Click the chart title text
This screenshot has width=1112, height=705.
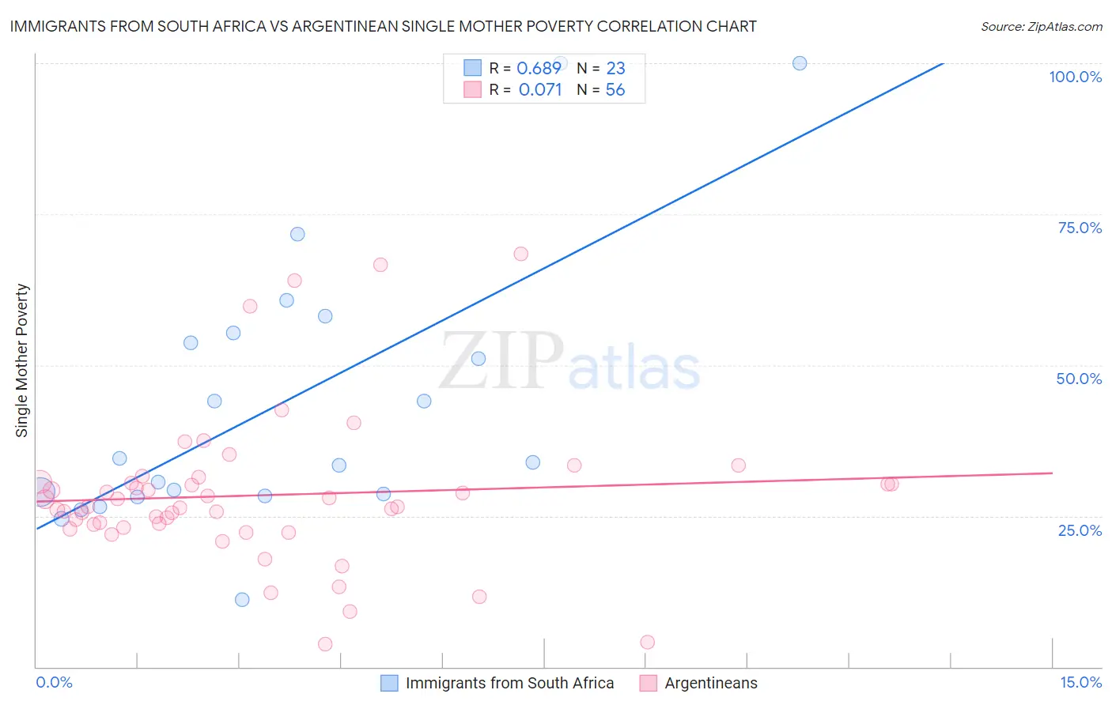point(383,26)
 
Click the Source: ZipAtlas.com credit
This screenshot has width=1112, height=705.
point(1041,26)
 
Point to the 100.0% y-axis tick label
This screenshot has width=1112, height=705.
point(1075,77)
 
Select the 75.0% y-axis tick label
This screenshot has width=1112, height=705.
point(1080,228)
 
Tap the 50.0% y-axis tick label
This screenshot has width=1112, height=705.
point(1079,379)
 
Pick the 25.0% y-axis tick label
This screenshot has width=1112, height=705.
point(1080,530)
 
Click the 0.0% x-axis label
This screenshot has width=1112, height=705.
point(54,682)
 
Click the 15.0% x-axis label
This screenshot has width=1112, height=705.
point(1080,682)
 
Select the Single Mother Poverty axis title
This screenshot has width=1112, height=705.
point(22,360)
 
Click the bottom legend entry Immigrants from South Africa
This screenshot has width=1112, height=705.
point(509,683)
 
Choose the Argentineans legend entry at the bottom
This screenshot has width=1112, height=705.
point(710,683)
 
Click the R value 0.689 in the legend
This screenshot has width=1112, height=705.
point(539,69)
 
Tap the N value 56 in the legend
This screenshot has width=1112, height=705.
point(615,90)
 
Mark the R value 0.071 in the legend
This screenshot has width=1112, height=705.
point(540,90)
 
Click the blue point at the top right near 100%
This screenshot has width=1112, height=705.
point(800,63)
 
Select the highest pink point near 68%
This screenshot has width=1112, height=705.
point(520,254)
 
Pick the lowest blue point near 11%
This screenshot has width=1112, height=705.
point(242,600)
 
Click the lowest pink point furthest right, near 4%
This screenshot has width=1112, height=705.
point(647,642)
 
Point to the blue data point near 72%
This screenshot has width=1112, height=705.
point(297,234)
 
